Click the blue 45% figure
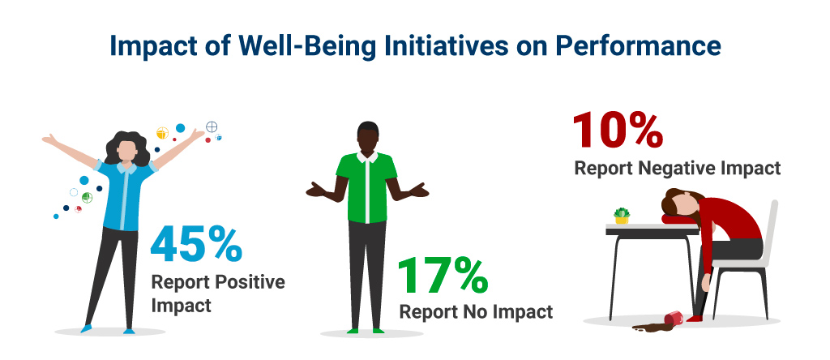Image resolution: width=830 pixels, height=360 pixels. click(196, 244)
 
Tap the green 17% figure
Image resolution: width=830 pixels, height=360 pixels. click(443, 276)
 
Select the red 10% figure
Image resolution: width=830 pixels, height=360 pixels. click(617, 130)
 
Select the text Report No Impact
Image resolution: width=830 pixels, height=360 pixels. click(476, 312)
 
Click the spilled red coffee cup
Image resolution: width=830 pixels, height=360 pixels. click(674, 318)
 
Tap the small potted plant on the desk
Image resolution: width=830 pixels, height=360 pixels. click(622, 216)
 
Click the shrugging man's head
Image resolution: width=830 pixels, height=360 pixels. click(368, 138)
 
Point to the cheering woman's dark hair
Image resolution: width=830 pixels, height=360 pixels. click(127, 148)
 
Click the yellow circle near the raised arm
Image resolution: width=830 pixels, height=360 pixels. click(162, 133)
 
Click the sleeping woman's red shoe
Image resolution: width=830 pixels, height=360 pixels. click(695, 318)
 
